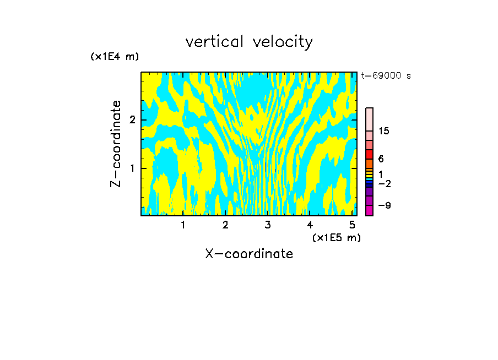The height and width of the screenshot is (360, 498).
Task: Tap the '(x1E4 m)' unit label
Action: click(115, 57)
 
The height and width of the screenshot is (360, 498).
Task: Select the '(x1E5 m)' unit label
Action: click(336, 237)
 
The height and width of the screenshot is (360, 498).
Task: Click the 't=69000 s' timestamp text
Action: click(386, 76)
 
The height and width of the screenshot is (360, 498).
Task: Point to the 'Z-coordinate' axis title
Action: click(116, 144)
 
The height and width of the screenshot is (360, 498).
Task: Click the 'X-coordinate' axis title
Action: click(249, 254)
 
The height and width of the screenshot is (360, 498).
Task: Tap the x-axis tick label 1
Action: click(183, 225)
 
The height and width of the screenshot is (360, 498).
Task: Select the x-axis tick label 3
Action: click(267, 225)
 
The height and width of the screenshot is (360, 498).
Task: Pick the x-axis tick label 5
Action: click(352, 225)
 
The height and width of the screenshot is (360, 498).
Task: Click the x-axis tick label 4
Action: click(310, 225)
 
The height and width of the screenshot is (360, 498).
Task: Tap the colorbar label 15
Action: click(384, 131)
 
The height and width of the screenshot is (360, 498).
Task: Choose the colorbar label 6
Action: click(381, 159)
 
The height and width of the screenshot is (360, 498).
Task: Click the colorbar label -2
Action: click(384, 183)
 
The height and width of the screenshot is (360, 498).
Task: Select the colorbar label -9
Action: click(384, 205)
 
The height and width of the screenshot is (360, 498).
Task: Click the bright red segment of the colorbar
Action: click(369, 154)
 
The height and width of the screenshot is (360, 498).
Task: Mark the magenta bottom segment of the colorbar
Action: click(369, 210)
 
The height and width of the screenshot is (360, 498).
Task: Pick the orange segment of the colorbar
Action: click(369, 163)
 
